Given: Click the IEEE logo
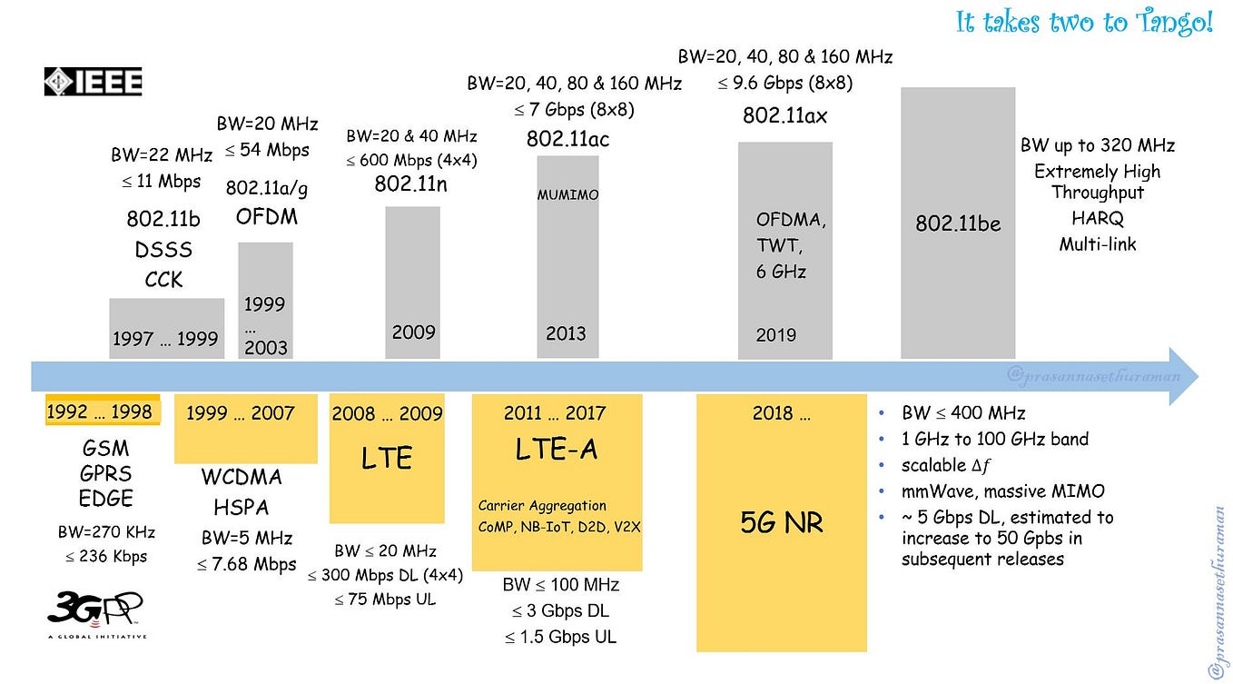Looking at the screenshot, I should pos(93,82).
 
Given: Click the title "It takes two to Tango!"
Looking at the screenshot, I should pos(1084,22).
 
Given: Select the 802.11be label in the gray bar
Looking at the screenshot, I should pos(957,223).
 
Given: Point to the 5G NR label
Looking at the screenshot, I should pos(781,522).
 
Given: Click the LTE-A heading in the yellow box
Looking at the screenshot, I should pos(557,449).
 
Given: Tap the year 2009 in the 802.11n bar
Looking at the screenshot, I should pos(413,332).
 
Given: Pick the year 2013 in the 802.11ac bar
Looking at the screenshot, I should pos(566,333).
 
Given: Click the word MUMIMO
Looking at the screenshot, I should pos(567,194).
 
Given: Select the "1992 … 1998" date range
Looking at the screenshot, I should pos(100,411).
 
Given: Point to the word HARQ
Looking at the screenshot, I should pos(1097,219).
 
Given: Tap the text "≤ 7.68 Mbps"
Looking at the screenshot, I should pos(247,564).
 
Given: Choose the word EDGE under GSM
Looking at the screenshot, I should pos(106,499).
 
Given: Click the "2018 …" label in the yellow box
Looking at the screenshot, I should pos(782,413).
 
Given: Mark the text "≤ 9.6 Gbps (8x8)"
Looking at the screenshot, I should pos(784,83).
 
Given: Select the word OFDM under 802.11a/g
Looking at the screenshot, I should pos(267,216).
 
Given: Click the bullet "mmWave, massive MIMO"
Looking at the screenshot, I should pos(1002,491).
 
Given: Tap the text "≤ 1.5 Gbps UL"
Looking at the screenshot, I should pos(560,637).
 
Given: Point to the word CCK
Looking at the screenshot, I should pos(163,280).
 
